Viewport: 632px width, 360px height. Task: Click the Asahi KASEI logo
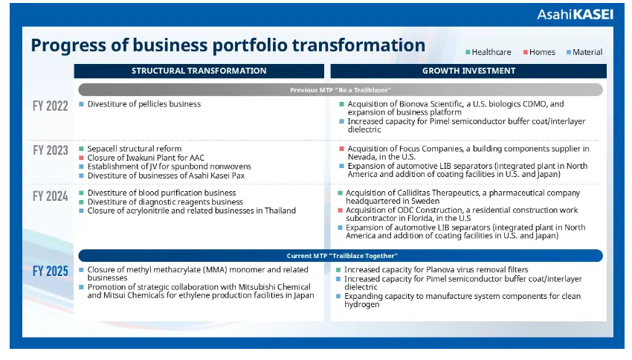click(575, 15)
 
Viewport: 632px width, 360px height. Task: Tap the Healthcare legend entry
click(488, 52)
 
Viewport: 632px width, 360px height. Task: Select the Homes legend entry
click(539, 52)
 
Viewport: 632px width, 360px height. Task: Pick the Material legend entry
click(584, 52)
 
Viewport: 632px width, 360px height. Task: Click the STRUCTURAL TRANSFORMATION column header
click(199, 71)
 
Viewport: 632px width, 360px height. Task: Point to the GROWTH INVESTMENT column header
click(468, 71)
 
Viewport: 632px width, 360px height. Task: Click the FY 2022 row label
click(51, 106)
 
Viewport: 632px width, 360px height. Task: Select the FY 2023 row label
click(51, 150)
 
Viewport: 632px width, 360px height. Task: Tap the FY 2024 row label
click(51, 196)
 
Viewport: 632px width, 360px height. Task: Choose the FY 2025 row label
click(51, 271)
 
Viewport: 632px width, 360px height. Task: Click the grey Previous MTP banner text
click(341, 90)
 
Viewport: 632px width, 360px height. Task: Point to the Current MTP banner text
click(342, 256)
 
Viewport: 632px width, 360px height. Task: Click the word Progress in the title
click(68, 45)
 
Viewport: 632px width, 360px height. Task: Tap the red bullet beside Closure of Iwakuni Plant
click(82, 158)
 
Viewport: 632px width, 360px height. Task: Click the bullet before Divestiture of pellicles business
click(82, 104)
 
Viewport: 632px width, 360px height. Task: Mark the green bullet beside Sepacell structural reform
click(82, 149)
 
